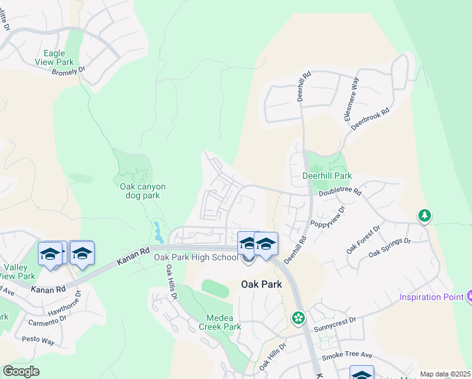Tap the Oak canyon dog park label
click(143, 191)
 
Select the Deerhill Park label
click(326, 176)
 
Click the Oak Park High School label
click(195, 256)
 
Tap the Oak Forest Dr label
click(364, 240)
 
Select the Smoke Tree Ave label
click(347, 356)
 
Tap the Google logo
click(21, 371)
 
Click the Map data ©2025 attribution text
click(445, 374)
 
